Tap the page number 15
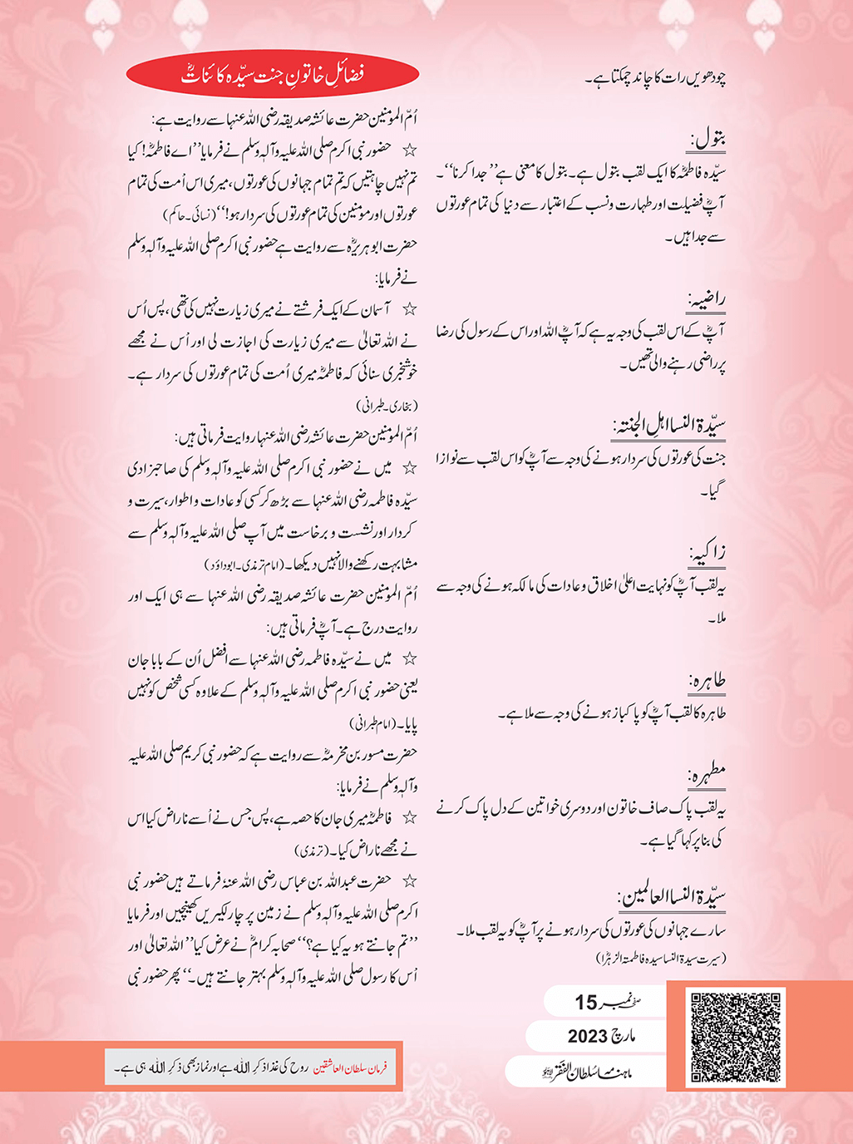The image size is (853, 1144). [x=586, y=1003]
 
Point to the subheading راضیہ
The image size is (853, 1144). [x=707, y=298]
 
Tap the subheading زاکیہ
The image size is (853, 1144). [x=708, y=552]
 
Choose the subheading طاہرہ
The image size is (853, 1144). [x=708, y=681]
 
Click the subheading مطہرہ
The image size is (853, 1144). [x=707, y=774]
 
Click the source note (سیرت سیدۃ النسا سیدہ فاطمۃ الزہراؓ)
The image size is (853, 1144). [x=661, y=959]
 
